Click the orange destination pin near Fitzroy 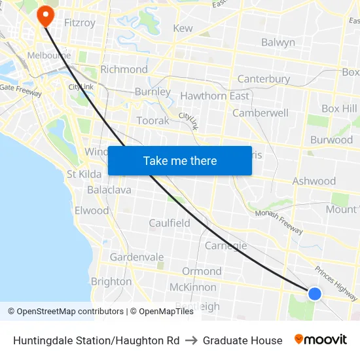(45, 16)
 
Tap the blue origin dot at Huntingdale (315, 294)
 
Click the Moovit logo (320, 340)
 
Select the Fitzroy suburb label (80, 23)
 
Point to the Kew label (183, 28)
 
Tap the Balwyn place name (278, 43)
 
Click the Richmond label (124, 69)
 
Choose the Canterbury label (263, 79)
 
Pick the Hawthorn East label (214, 96)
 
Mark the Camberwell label (261, 113)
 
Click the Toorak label (153, 120)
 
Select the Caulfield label (170, 223)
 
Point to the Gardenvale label (137, 257)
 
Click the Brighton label (111, 281)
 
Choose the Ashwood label (314, 181)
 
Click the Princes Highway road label (336, 279)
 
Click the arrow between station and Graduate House (191, 340)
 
